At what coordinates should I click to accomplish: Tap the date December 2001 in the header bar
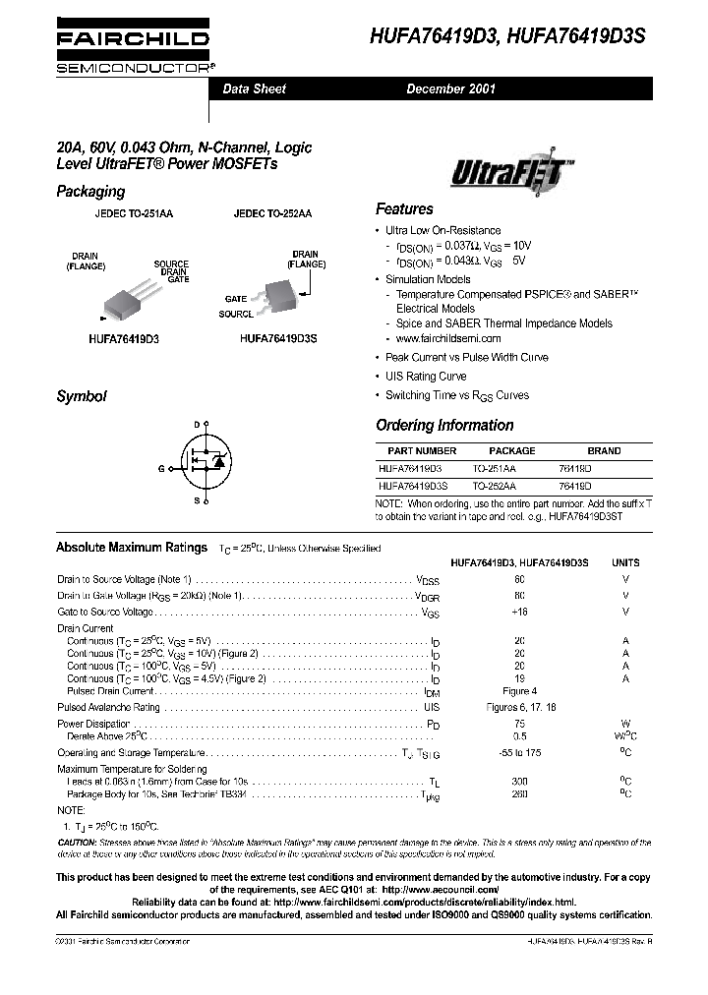[x=451, y=89]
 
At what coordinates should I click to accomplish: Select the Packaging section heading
[x=90, y=192]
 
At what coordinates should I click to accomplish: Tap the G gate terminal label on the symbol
[x=160, y=469]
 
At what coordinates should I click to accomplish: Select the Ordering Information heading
[x=444, y=426]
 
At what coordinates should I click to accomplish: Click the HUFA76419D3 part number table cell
[x=410, y=469]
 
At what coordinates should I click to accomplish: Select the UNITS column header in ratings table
[x=625, y=563]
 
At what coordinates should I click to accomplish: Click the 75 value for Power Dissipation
[x=519, y=722]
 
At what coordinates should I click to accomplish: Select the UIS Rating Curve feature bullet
[x=425, y=377]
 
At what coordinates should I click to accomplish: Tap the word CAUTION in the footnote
[x=77, y=843]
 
